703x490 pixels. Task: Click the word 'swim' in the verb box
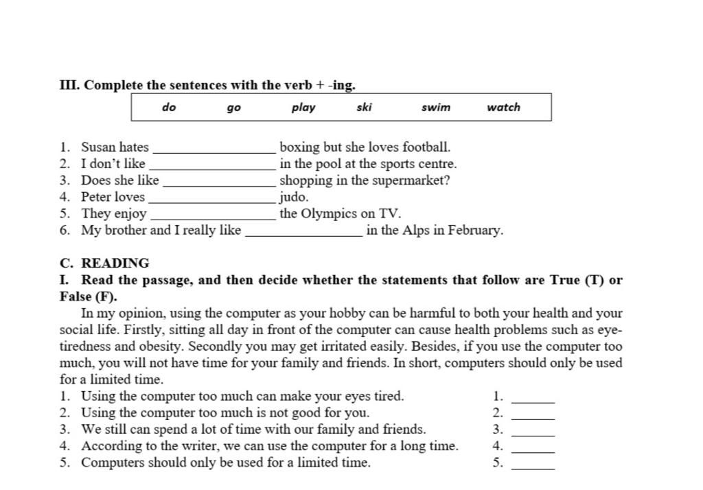[436, 107]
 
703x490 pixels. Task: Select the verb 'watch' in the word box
[503, 107]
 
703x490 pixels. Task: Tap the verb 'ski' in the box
[364, 107]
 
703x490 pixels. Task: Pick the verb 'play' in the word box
[303, 108]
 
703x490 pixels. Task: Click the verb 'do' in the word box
[169, 107]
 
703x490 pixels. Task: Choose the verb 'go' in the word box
[234, 108]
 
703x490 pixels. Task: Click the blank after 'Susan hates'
[214, 150]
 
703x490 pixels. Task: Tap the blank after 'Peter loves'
[211, 200]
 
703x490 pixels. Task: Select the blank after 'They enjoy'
[212, 216]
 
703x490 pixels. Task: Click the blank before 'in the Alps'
[303, 233]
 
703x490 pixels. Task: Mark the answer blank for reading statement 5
[533, 466]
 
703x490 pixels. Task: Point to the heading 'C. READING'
[104, 263]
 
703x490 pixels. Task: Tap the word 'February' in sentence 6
[474, 231]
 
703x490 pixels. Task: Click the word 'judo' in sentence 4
[293, 198]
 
